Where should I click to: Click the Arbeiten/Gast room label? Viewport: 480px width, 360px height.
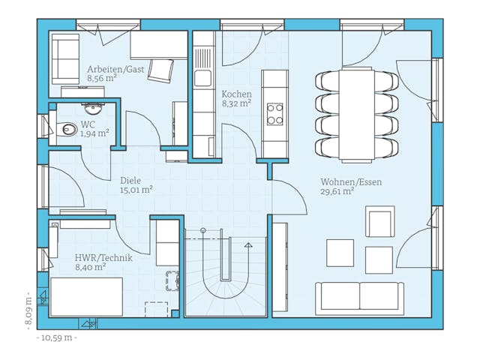[115, 69]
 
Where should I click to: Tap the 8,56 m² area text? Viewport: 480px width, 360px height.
[102, 78]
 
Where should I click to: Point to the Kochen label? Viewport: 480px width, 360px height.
[236, 94]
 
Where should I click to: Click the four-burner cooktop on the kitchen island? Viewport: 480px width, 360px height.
[275, 113]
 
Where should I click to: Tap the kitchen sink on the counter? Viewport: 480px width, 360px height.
[202, 76]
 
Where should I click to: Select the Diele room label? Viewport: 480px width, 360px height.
[131, 180]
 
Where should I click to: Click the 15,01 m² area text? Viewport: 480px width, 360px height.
[136, 190]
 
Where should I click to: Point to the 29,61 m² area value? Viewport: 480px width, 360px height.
[337, 191]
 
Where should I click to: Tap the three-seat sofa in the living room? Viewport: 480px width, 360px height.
[360, 297]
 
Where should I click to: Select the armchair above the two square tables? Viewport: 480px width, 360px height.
[379, 223]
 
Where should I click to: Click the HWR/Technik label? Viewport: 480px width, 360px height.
[103, 257]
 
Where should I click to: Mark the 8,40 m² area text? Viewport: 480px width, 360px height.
[90, 266]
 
